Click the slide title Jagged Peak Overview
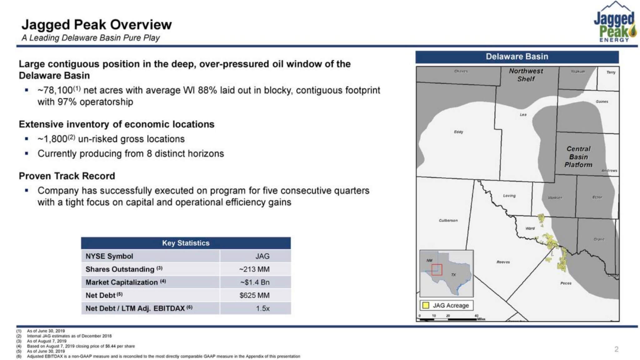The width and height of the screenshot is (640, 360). click(x=97, y=25)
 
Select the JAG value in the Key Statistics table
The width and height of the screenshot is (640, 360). click(x=262, y=256)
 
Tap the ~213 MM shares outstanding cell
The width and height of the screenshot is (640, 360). click(x=254, y=269)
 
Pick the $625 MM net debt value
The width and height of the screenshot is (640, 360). click(x=254, y=295)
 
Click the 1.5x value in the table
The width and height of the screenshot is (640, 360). click(x=262, y=308)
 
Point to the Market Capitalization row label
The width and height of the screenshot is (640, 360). click(x=122, y=282)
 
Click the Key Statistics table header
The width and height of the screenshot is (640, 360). click(x=186, y=243)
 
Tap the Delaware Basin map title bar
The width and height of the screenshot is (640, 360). click(x=517, y=57)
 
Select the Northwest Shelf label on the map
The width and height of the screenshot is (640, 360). click(x=526, y=75)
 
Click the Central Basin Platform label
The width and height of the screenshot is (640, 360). click(x=578, y=157)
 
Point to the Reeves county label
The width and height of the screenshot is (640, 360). click(x=503, y=262)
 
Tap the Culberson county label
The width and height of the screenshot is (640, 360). click(x=448, y=221)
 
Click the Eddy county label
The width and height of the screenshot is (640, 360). click(x=458, y=132)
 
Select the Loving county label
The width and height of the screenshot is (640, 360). click(x=509, y=196)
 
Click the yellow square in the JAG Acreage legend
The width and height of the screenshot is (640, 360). click(x=425, y=305)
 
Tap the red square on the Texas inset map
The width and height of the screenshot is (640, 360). click(x=437, y=270)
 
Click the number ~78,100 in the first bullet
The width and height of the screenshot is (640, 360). click(x=55, y=90)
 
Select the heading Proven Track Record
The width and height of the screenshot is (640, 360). click(x=67, y=176)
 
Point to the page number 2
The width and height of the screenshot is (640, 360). click(x=616, y=349)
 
